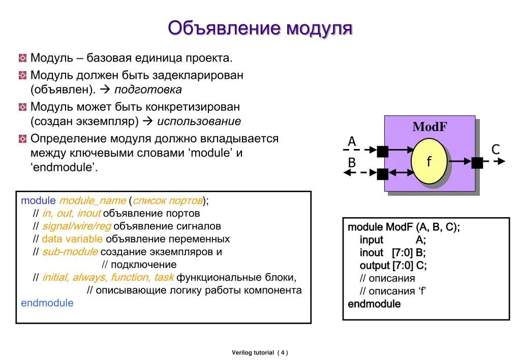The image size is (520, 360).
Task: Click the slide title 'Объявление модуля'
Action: click(x=260, y=28)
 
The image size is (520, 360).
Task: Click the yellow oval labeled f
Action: click(x=429, y=162)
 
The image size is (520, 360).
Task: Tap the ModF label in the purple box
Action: click(x=430, y=127)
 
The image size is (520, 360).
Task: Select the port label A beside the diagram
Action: click(x=352, y=141)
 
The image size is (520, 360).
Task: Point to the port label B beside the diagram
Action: click(x=352, y=163)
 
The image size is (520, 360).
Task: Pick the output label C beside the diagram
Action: click(x=496, y=149)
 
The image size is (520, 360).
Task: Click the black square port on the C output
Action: click(x=477, y=163)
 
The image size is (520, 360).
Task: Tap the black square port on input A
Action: click(x=383, y=151)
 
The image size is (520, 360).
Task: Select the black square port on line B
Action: click(x=383, y=174)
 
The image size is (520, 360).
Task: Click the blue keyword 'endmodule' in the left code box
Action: click(x=47, y=303)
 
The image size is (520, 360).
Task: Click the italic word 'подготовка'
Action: click(x=148, y=90)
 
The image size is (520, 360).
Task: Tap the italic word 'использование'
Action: click(x=199, y=122)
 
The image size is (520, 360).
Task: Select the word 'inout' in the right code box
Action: click(x=372, y=253)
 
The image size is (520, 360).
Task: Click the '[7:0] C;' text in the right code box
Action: click(x=410, y=265)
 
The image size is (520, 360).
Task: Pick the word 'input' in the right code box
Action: click(x=372, y=240)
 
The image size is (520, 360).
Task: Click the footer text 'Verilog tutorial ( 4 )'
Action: click(x=260, y=352)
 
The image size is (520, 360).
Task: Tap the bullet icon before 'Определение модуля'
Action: click(x=22, y=139)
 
